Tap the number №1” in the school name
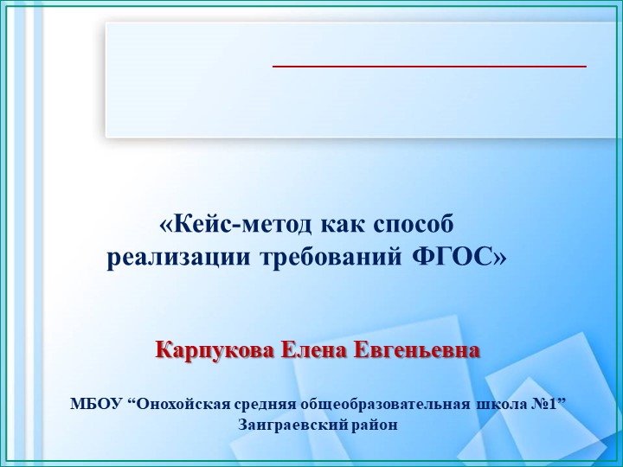point(549,404)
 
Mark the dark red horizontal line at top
point(429,66)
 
